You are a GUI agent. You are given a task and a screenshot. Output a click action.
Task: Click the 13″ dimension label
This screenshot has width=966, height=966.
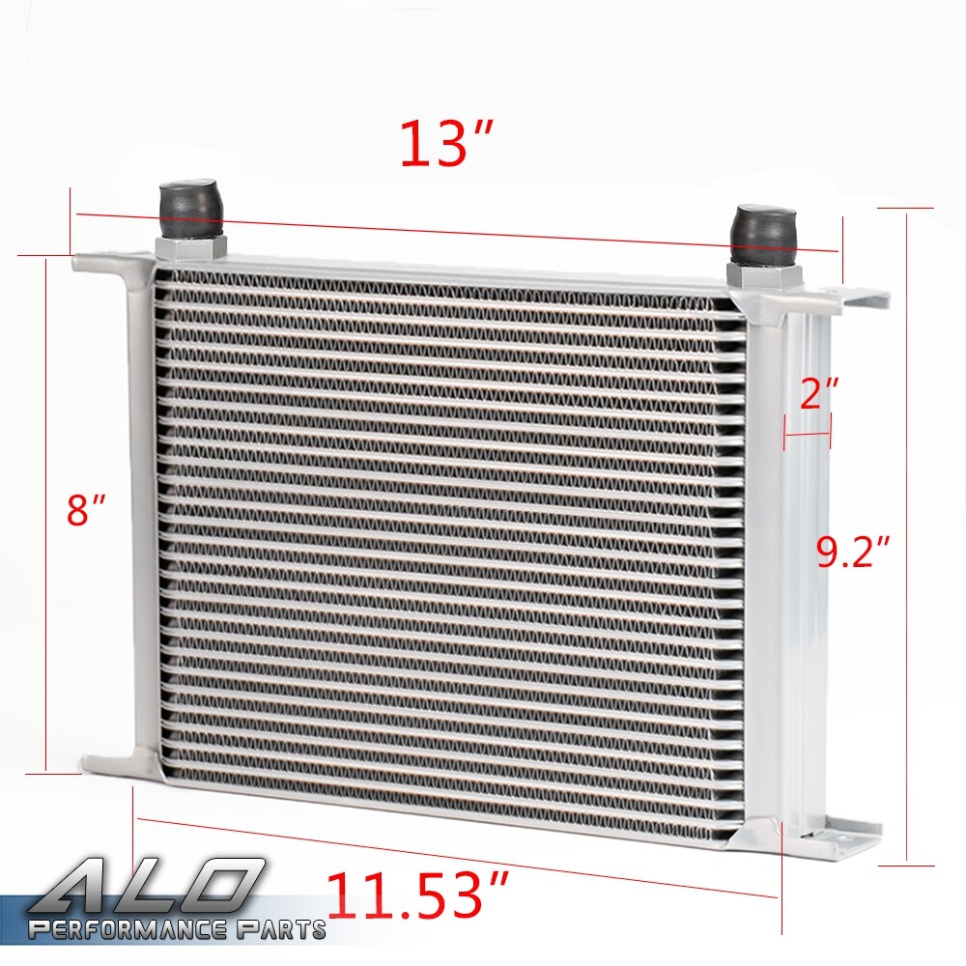446,145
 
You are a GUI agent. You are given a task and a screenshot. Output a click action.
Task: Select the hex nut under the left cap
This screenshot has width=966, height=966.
189,245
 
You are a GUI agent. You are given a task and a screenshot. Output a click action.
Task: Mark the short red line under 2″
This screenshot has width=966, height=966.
808,436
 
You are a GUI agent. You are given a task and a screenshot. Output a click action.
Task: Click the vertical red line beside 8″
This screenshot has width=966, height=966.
45,512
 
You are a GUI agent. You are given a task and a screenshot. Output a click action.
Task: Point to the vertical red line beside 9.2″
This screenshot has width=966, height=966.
907,541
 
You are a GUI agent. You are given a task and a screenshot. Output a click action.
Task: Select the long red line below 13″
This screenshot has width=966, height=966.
454,232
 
